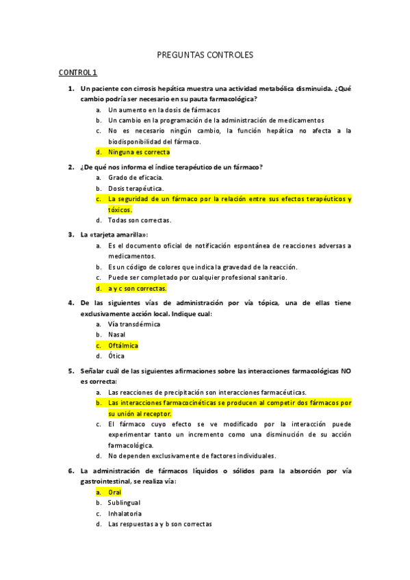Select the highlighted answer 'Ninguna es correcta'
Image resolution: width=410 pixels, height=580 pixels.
click(x=139, y=152)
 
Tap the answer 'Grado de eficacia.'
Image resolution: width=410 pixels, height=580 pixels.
click(x=136, y=177)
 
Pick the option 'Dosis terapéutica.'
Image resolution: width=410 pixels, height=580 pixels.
click(x=136, y=188)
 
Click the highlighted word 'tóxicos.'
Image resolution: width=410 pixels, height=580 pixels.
click(x=120, y=209)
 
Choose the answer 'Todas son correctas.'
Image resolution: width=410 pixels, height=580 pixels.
click(x=140, y=220)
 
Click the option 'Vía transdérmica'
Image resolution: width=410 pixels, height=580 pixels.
click(x=134, y=324)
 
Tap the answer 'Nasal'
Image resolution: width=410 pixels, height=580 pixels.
click(x=117, y=334)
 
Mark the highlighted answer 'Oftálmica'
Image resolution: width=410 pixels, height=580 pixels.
click(x=123, y=345)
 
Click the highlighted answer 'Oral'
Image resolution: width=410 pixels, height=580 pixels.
click(x=114, y=492)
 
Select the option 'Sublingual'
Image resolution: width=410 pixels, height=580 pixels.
click(x=124, y=503)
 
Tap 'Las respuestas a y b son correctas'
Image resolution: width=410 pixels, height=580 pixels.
click(x=159, y=525)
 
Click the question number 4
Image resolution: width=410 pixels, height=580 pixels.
click(x=71, y=302)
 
